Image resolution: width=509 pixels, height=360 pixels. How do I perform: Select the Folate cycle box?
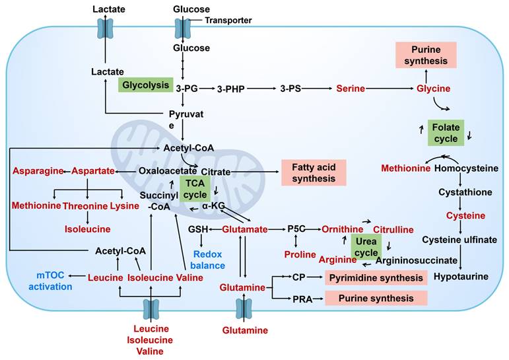pyautogui.click(x=446, y=132)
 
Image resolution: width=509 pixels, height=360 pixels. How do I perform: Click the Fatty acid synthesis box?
pyautogui.click(x=314, y=172)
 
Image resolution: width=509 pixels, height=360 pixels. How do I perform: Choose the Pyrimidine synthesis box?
pyautogui.click(x=376, y=277)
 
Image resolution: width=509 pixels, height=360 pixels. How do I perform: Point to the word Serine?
pyautogui.click(x=350, y=87)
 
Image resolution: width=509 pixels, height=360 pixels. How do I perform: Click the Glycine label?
pyautogui.click(x=433, y=88)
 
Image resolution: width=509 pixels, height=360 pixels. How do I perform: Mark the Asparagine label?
pyautogui.click(x=37, y=171)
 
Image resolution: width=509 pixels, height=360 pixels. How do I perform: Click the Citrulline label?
pyautogui.click(x=393, y=229)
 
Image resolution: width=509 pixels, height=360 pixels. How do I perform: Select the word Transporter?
pyautogui.click(x=228, y=20)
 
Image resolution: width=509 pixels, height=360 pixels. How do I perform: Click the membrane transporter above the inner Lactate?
pyautogui.click(x=106, y=28)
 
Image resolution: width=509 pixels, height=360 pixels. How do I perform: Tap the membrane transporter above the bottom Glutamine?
pyautogui.click(x=244, y=308)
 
